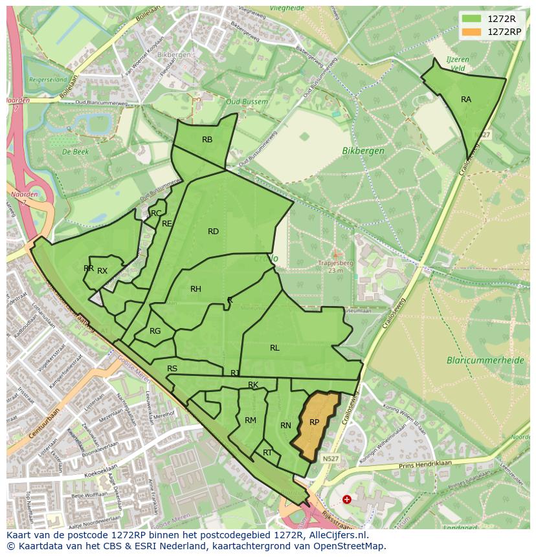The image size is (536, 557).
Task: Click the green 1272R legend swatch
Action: click(472, 19)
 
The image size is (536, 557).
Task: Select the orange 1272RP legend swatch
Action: click(472, 31)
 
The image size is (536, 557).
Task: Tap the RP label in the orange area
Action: click(315, 422)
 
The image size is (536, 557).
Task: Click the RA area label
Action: click(466, 100)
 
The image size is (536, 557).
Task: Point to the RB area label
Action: click(207, 140)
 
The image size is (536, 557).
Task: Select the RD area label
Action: click(213, 232)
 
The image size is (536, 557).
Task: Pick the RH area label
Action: click(195, 289)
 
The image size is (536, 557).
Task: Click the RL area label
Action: click(274, 348)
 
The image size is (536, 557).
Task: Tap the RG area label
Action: click(155, 331)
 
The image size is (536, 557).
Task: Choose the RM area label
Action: click(251, 420)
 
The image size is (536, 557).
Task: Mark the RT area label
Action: click(267, 453)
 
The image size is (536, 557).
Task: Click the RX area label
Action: click(102, 271)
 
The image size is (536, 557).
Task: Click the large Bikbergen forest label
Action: click(363, 151)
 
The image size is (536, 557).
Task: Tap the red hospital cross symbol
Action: click(347, 499)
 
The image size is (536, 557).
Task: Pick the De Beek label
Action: click(75, 151)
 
